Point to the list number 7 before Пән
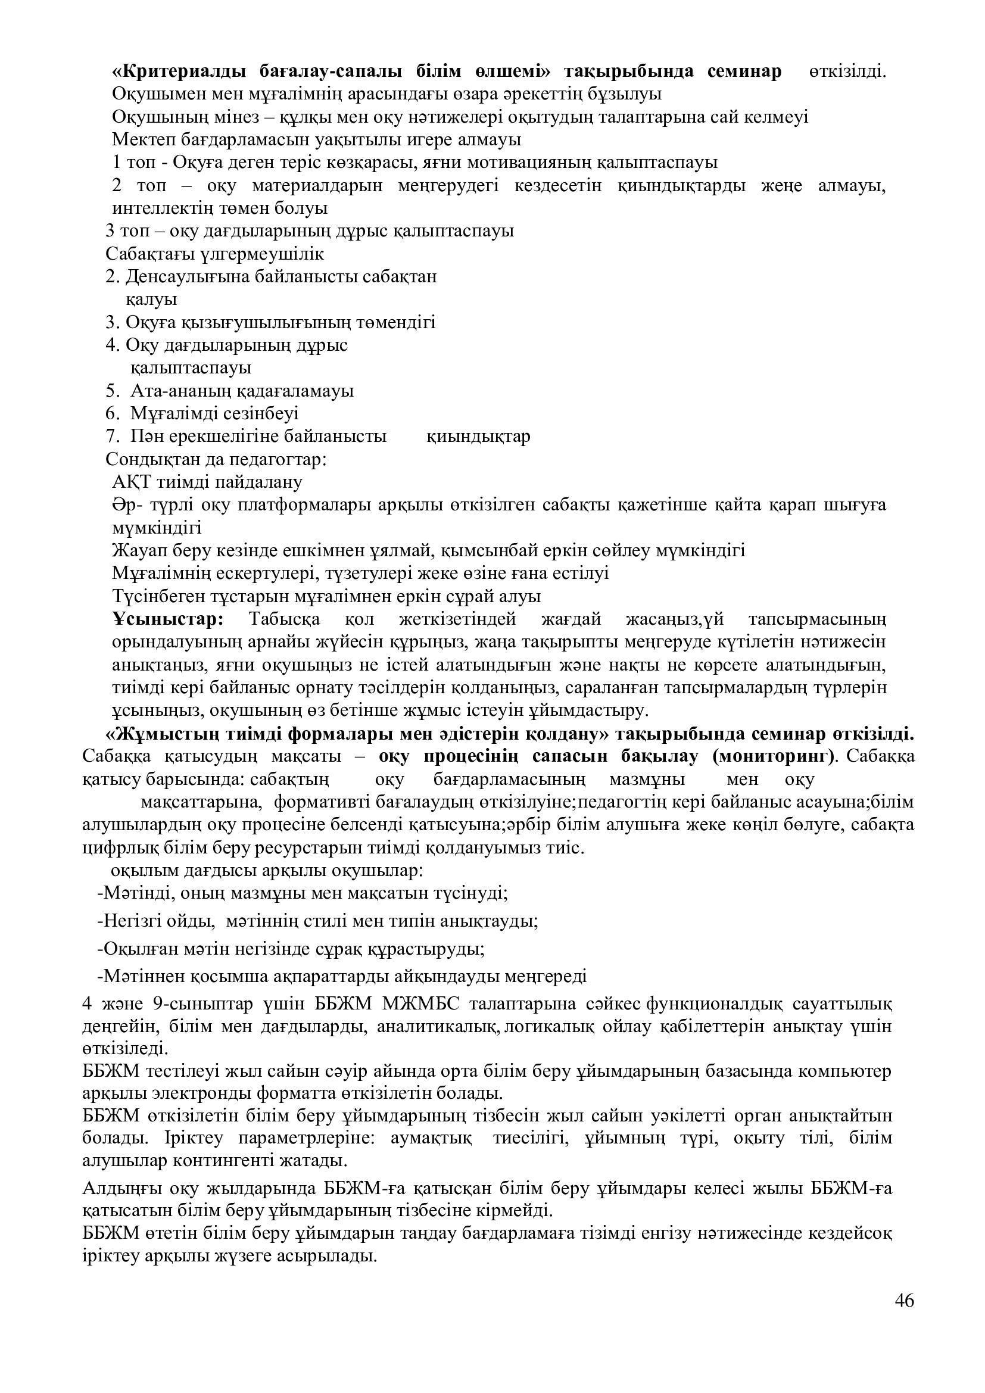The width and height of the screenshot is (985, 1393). [110, 436]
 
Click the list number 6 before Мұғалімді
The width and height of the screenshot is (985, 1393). [110, 414]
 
